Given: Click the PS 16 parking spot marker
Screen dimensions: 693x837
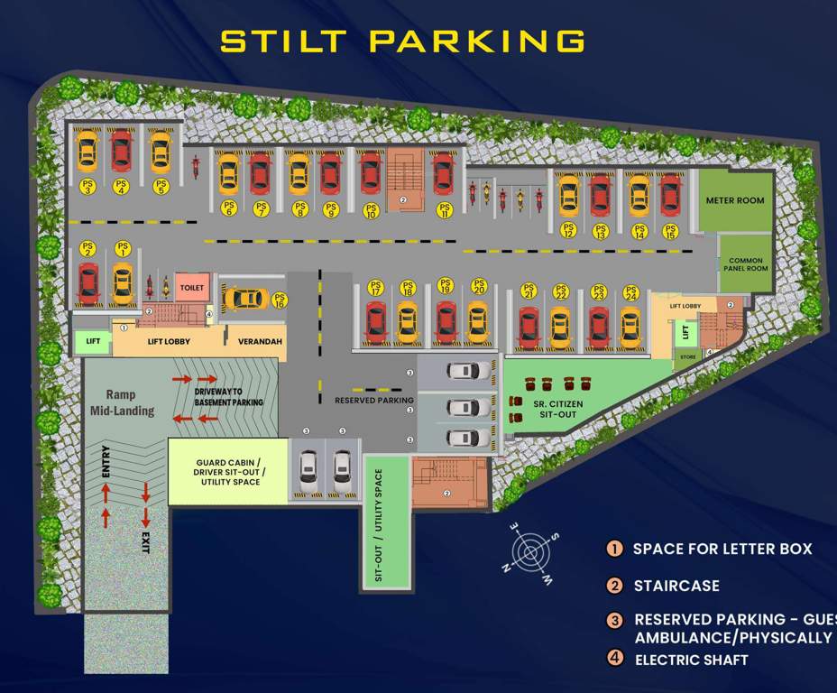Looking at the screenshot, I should coord(280,300).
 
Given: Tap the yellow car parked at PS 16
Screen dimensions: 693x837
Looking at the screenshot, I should coord(244,298).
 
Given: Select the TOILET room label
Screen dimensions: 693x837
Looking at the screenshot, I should coord(192,288).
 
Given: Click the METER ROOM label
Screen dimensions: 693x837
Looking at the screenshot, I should coord(734,200).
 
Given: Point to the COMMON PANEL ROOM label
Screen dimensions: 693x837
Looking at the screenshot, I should coord(748,263).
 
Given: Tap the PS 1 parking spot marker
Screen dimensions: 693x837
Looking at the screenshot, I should coord(121,250).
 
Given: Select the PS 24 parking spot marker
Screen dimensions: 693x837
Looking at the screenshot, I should coord(630,292).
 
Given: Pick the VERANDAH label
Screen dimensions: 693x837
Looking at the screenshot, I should coord(255,343).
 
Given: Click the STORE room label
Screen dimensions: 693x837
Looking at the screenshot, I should coord(688,357).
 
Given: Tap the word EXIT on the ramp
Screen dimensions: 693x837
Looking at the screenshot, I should coord(146,541).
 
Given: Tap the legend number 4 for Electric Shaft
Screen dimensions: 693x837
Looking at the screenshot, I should coord(615,658).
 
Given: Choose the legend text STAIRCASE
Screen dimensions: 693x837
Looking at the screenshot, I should coord(676,586).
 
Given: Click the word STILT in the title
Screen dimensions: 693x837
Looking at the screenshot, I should coord(285,41).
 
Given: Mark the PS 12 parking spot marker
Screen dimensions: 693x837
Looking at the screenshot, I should coord(568,229).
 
